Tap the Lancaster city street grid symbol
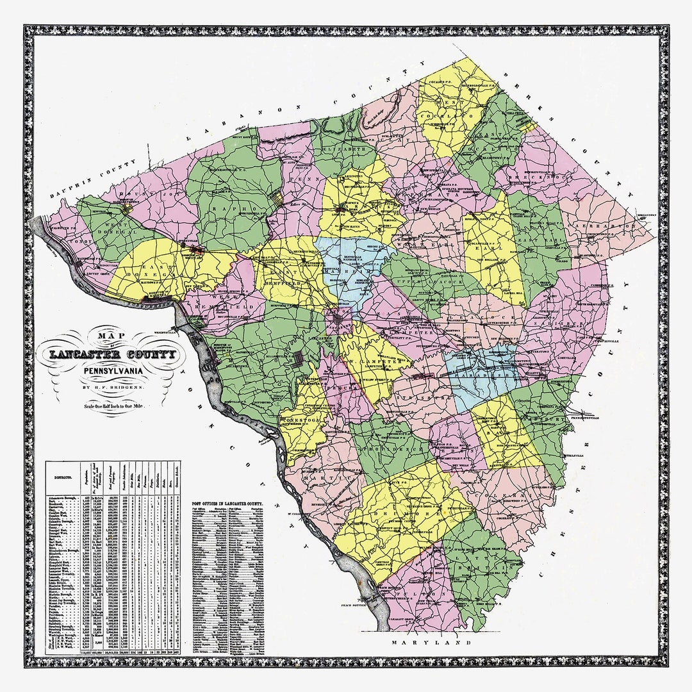click(x=338, y=318)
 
